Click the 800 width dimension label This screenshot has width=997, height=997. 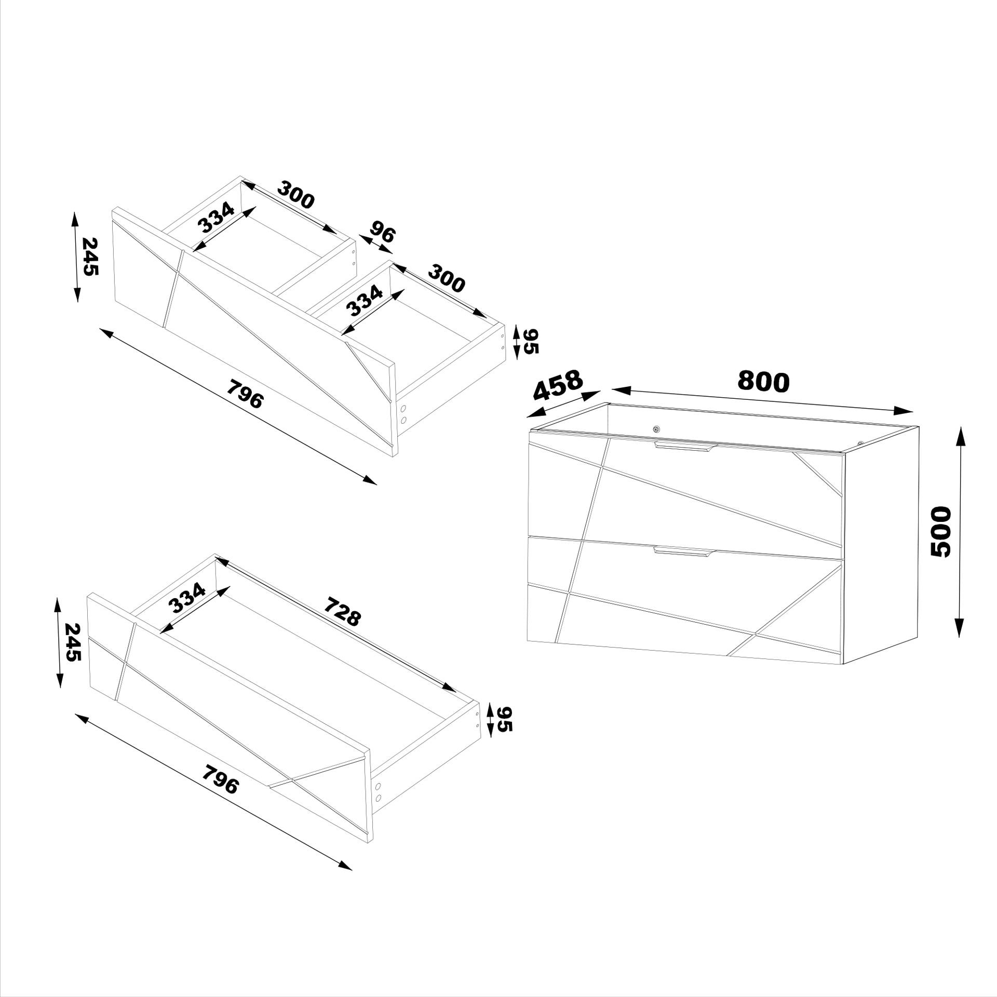pos(763,382)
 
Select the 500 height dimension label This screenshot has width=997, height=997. pos(939,532)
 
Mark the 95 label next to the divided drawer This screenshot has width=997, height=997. pos(531,341)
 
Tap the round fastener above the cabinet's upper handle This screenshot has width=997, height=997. pos(657,429)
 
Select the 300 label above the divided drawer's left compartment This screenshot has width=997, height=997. pos(295,195)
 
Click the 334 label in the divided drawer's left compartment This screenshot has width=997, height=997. pos(216,218)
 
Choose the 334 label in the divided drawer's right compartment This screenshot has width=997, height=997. pos(364,301)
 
